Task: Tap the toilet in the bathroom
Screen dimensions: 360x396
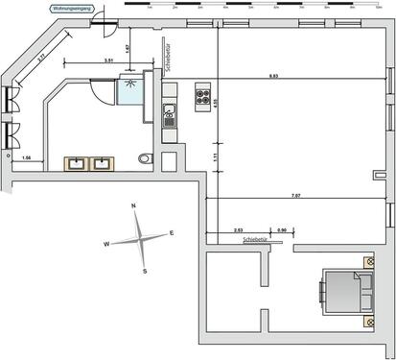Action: click(145, 158)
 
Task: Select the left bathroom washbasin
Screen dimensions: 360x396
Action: click(77, 163)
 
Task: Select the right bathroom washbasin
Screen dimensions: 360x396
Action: click(101, 163)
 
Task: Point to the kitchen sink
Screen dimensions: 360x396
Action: click(170, 120)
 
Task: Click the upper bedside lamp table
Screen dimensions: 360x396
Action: click(368, 261)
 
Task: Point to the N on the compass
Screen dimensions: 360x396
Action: click(133, 207)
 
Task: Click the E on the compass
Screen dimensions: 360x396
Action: click(172, 233)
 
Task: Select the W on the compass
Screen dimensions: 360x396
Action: click(105, 245)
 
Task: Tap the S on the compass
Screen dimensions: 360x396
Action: click(144, 272)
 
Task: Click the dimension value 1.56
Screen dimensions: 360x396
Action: click(27, 156)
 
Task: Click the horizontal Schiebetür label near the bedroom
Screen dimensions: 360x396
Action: click(257, 239)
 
